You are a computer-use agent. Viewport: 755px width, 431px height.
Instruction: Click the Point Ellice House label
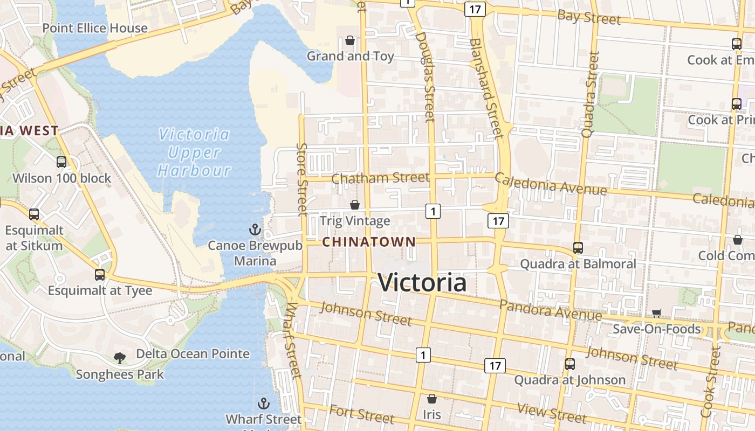point(94,28)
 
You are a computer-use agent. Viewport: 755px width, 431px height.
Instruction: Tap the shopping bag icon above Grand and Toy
point(350,40)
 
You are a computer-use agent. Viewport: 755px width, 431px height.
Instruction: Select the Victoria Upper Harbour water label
point(194,152)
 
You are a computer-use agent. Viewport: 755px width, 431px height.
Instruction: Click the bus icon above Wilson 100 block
point(61,162)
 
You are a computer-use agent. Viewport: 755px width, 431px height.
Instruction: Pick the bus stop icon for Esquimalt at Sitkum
point(34,214)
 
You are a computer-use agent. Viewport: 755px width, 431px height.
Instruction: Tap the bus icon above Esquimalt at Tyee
point(100,274)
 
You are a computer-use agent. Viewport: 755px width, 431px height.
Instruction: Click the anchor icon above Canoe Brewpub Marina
point(255,230)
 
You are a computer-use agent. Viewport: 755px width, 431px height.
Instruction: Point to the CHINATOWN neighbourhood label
point(369,242)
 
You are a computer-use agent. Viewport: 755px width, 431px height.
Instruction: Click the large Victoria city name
point(422,283)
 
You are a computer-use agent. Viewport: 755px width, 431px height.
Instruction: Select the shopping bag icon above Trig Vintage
point(355,205)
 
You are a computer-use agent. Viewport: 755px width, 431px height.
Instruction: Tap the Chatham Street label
point(381,177)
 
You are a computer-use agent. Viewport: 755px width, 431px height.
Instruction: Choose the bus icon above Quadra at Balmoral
point(578,248)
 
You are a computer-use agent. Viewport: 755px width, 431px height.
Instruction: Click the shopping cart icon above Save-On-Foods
point(656,313)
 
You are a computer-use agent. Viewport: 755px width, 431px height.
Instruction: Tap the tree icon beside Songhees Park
point(120,357)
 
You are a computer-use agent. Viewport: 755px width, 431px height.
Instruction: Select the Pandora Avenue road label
point(550,310)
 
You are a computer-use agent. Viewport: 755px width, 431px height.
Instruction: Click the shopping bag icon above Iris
point(431,399)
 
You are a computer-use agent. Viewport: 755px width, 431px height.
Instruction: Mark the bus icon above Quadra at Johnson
point(569,364)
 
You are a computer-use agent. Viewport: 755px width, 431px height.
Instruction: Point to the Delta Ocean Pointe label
point(193,354)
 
